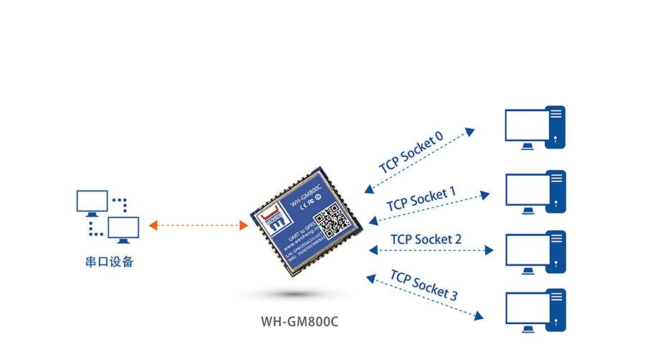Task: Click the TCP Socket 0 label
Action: click(x=411, y=153)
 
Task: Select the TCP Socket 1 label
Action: click(x=421, y=199)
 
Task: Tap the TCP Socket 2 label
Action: click(x=426, y=239)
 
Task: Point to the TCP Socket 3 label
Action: click(x=424, y=285)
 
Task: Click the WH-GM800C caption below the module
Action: click(x=300, y=321)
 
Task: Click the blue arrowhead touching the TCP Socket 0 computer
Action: click(x=469, y=132)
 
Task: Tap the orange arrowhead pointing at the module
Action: click(x=244, y=225)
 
